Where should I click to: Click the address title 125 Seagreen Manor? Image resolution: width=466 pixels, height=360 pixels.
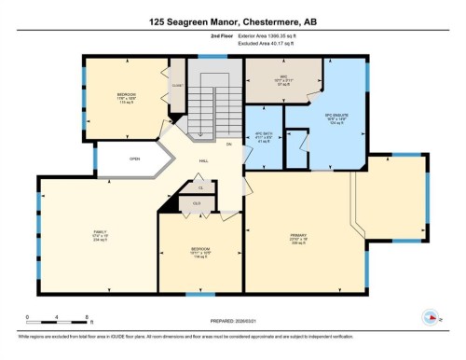coord(232,21)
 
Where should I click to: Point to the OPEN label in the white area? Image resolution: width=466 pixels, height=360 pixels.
coord(134,158)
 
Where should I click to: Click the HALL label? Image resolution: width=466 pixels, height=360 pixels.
coord(203,159)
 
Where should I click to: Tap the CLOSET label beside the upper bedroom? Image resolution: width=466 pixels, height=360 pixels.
coord(177,87)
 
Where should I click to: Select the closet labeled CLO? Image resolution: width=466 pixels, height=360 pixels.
coord(197,202)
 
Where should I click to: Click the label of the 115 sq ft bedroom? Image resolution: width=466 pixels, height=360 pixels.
coord(127,96)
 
